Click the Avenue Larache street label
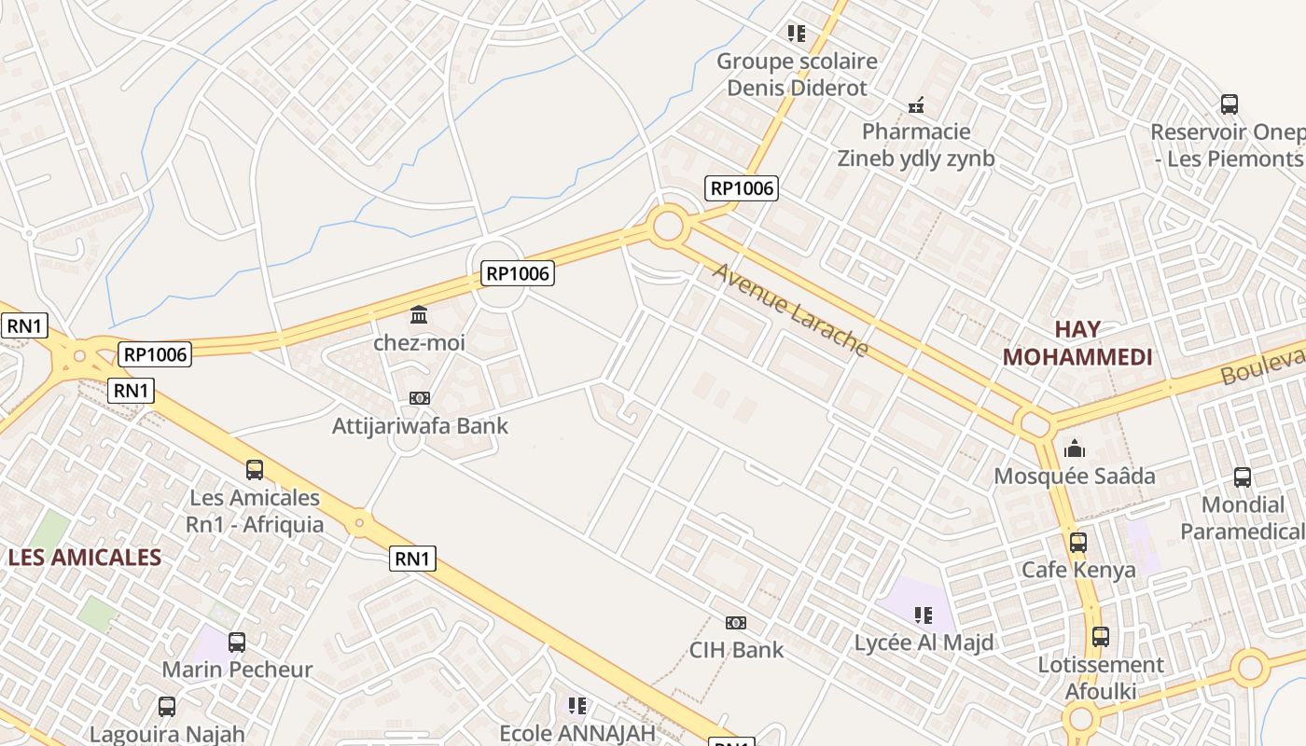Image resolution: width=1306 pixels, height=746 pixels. pyautogui.click(x=791, y=310)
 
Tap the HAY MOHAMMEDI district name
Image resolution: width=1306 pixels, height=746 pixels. pyautogui.click(x=1077, y=342)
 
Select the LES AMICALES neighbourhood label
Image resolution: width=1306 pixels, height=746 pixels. pyautogui.click(x=85, y=558)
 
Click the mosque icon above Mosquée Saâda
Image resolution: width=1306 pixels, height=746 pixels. pyautogui.click(x=1075, y=449)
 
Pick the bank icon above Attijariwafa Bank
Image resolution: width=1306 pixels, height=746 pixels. pyautogui.click(x=420, y=398)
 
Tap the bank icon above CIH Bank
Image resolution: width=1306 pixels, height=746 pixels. pyautogui.click(x=736, y=622)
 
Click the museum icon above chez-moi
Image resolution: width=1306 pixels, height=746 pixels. pyautogui.click(x=420, y=315)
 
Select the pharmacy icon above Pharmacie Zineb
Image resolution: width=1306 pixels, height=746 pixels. pyautogui.click(x=916, y=104)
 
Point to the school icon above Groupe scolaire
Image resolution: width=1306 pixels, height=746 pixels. pyautogui.click(x=796, y=34)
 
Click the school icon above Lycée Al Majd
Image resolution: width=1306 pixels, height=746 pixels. pyautogui.click(x=924, y=615)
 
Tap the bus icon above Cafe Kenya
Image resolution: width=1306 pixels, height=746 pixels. pyautogui.click(x=1078, y=542)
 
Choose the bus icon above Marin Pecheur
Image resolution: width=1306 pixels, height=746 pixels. pyautogui.click(x=237, y=642)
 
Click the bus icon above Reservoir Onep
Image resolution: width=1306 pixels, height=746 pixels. pyautogui.click(x=1230, y=104)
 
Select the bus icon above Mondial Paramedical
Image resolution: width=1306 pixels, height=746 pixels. pyautogui.click(x=1243, y=477)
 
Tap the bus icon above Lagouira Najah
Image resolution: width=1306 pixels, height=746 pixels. pyautogui.click(x=167, y=707)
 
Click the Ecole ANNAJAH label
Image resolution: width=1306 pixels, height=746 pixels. pyautogui.click(x=577, y=733)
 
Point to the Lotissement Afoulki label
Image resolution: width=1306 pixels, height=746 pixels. pyautogui.click(x=1101, y=678)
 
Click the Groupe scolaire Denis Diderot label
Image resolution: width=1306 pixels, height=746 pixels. pyautogui.click(x=797, y=75)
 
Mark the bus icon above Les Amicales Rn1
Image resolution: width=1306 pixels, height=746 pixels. pyautogui.click(x=255, y=469)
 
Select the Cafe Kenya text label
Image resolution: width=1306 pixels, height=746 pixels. pyautogui.click(x=1078, y=570)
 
